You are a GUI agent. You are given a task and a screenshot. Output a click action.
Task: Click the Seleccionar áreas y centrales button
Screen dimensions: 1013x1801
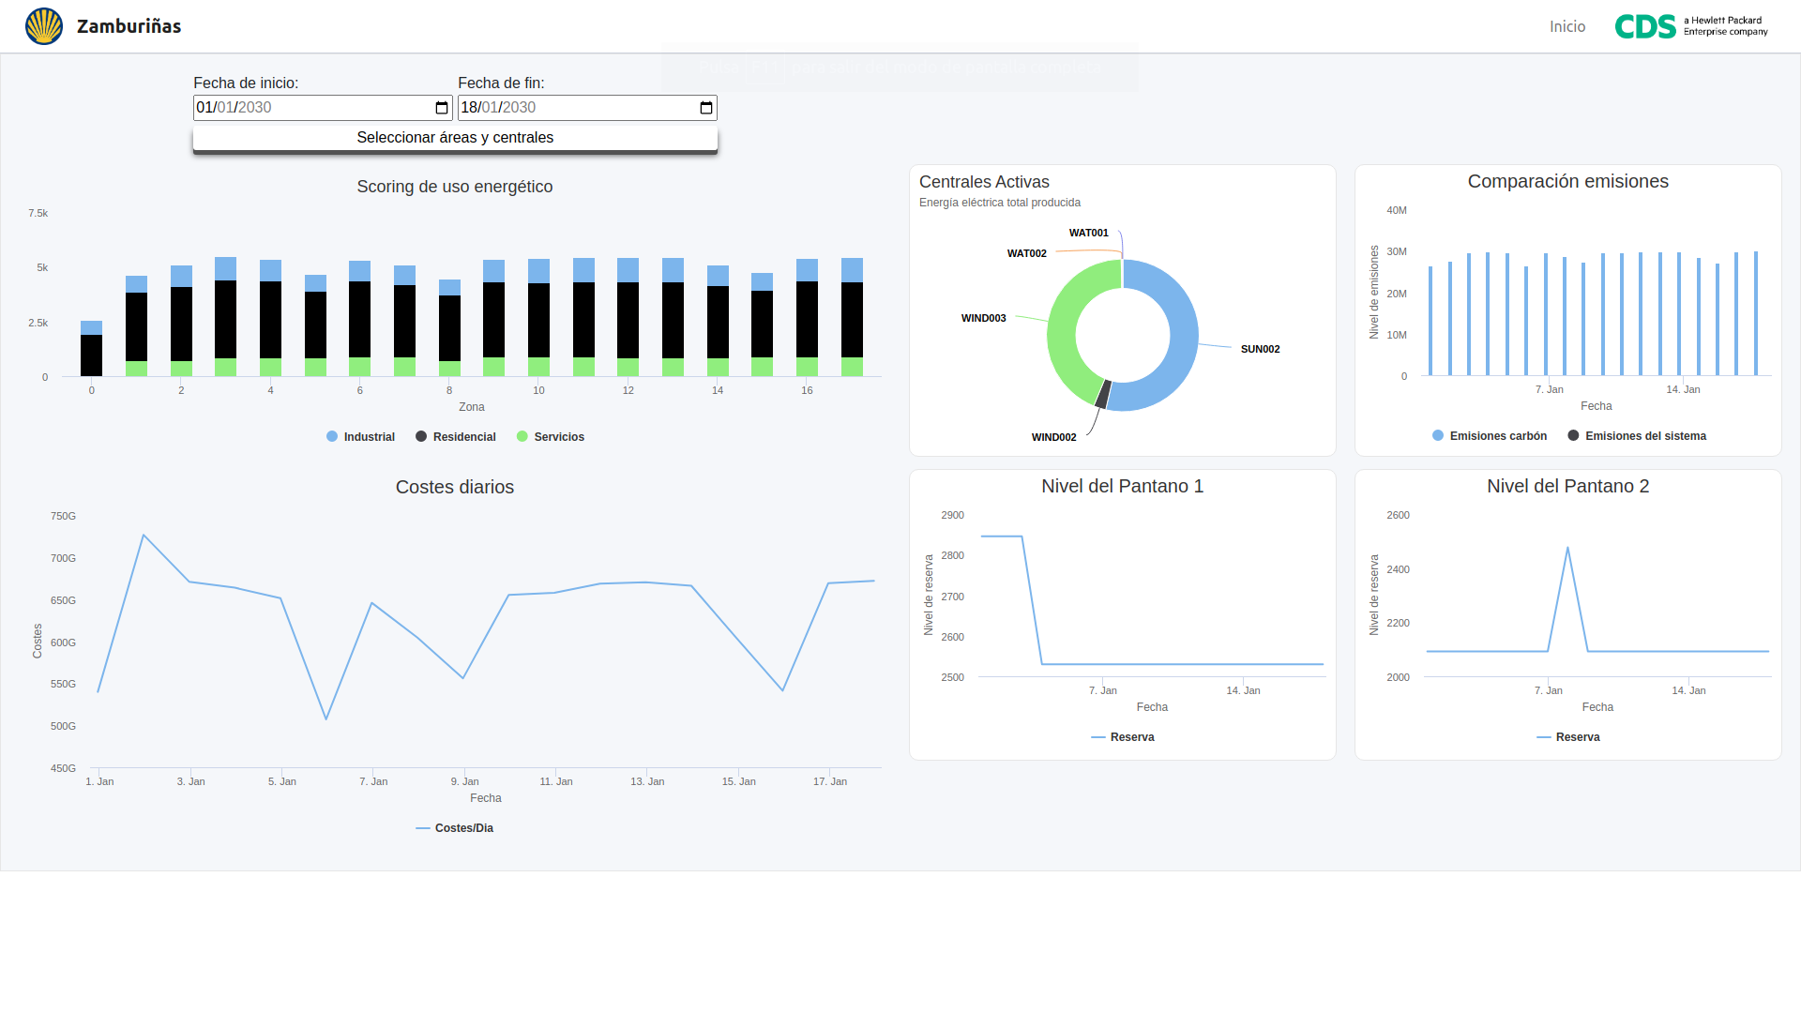point(455,138)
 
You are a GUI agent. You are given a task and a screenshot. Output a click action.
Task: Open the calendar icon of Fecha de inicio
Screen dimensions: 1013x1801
point(442,108)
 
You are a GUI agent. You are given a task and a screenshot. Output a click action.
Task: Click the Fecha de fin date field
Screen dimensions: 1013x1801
point(572,108)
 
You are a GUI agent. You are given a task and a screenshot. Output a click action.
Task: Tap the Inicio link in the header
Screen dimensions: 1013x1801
point(1566,26)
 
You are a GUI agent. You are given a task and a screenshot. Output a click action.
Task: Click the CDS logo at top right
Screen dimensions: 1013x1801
point(1690,26)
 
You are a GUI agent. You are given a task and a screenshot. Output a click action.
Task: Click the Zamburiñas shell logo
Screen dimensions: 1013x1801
point(44,26)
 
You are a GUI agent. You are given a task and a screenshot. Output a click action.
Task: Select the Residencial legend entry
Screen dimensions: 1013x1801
point(456,437)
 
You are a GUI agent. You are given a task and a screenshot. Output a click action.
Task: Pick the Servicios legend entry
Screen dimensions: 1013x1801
point(551,437)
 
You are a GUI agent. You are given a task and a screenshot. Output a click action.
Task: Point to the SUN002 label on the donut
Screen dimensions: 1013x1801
point(1260,349)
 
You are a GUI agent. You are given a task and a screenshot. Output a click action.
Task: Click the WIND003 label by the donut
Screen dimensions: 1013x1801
point(983,319)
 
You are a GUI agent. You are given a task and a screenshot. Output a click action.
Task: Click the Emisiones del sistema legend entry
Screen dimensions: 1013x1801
point(1637,436)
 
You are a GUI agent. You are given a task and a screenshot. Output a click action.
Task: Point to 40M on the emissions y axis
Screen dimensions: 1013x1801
point(1396,211)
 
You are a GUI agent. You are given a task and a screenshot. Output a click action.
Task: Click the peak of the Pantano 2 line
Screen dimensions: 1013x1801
point(1567,548)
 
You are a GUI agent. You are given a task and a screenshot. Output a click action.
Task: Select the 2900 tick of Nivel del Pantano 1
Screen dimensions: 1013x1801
point(952,516)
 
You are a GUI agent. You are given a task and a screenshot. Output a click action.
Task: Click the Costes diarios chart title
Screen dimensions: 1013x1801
point(455,487)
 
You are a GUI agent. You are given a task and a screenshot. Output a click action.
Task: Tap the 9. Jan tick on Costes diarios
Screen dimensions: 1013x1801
point(464,781)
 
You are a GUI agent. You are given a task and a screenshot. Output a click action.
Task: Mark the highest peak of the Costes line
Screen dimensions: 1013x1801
point(144,536)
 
